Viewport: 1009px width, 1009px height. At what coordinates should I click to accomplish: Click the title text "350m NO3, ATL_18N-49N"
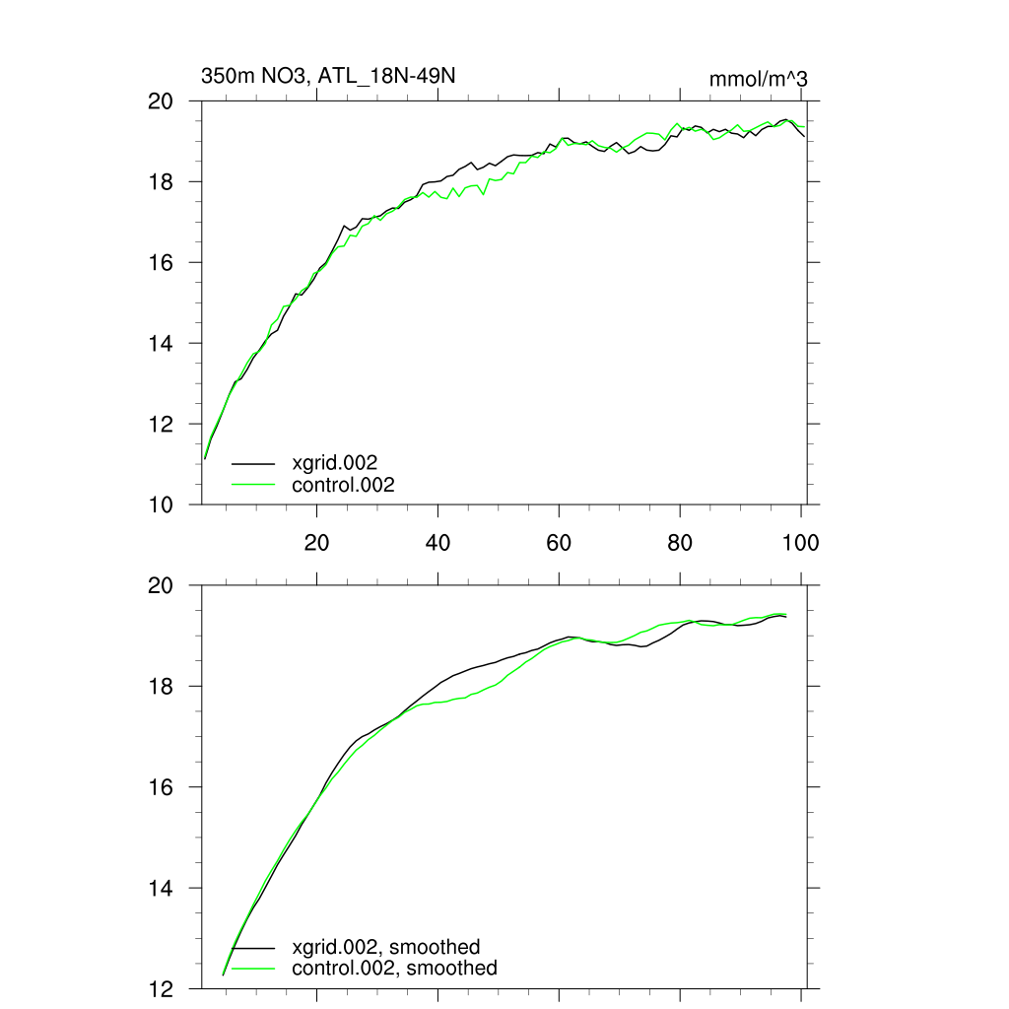[328, 77]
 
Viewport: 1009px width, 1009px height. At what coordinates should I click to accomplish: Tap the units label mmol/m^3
[758, 79]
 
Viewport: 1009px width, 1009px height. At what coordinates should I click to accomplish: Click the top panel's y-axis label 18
[161, 182]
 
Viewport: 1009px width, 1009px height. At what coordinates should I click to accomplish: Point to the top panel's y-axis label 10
[161, 504]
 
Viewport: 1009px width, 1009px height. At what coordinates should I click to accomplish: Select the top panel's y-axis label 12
[161, 424]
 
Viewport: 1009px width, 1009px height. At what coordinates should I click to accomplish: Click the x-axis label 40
[437, 543]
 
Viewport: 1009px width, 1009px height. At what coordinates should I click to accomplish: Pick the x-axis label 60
[559, 543]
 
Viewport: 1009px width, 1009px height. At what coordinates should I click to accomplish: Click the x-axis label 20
[316, 543]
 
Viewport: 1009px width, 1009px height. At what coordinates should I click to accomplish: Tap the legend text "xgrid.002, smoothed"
[386, 947]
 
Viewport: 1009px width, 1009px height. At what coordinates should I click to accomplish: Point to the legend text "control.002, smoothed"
[394, 969]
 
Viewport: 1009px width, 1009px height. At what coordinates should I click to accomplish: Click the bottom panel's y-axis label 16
[161, 787]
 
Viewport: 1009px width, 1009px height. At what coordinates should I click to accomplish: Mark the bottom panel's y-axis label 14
[161, 888]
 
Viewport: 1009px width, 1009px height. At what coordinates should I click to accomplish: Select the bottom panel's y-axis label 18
[161, 686]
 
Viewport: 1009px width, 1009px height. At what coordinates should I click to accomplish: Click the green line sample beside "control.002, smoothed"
[253, 969]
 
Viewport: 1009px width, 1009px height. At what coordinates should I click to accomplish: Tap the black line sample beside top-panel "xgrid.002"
[253, 462]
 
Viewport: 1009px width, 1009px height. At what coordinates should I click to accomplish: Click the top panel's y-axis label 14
[161, 343]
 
